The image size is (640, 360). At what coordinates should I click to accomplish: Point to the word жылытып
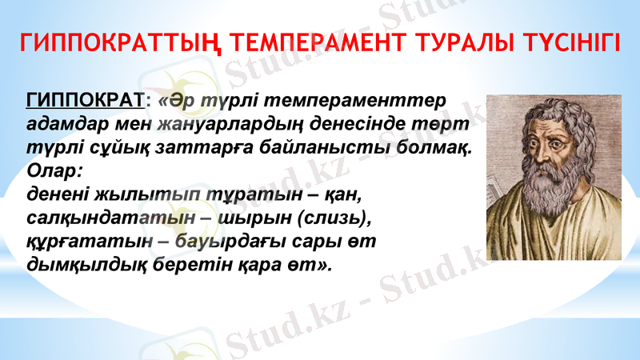(x=130, y=194)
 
